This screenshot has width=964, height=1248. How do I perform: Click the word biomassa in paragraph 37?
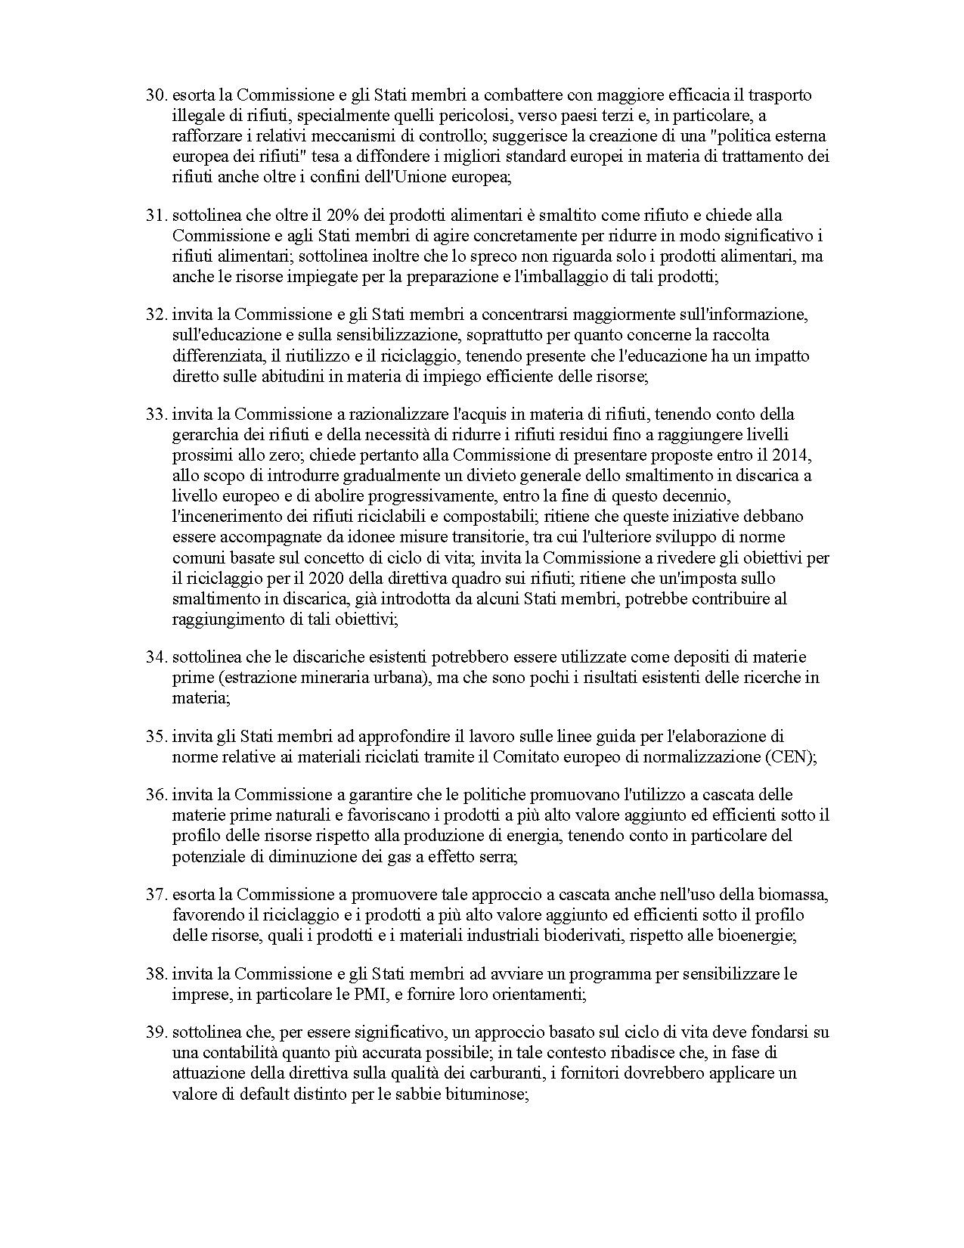point(797,895)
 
